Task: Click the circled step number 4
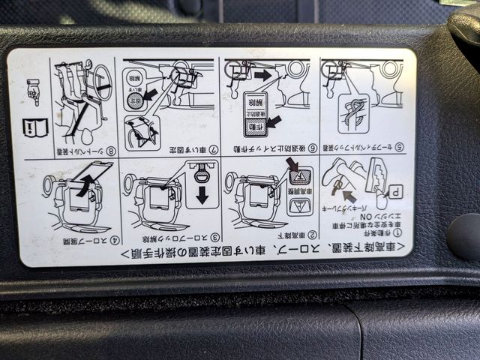114,240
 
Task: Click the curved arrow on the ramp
84,183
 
